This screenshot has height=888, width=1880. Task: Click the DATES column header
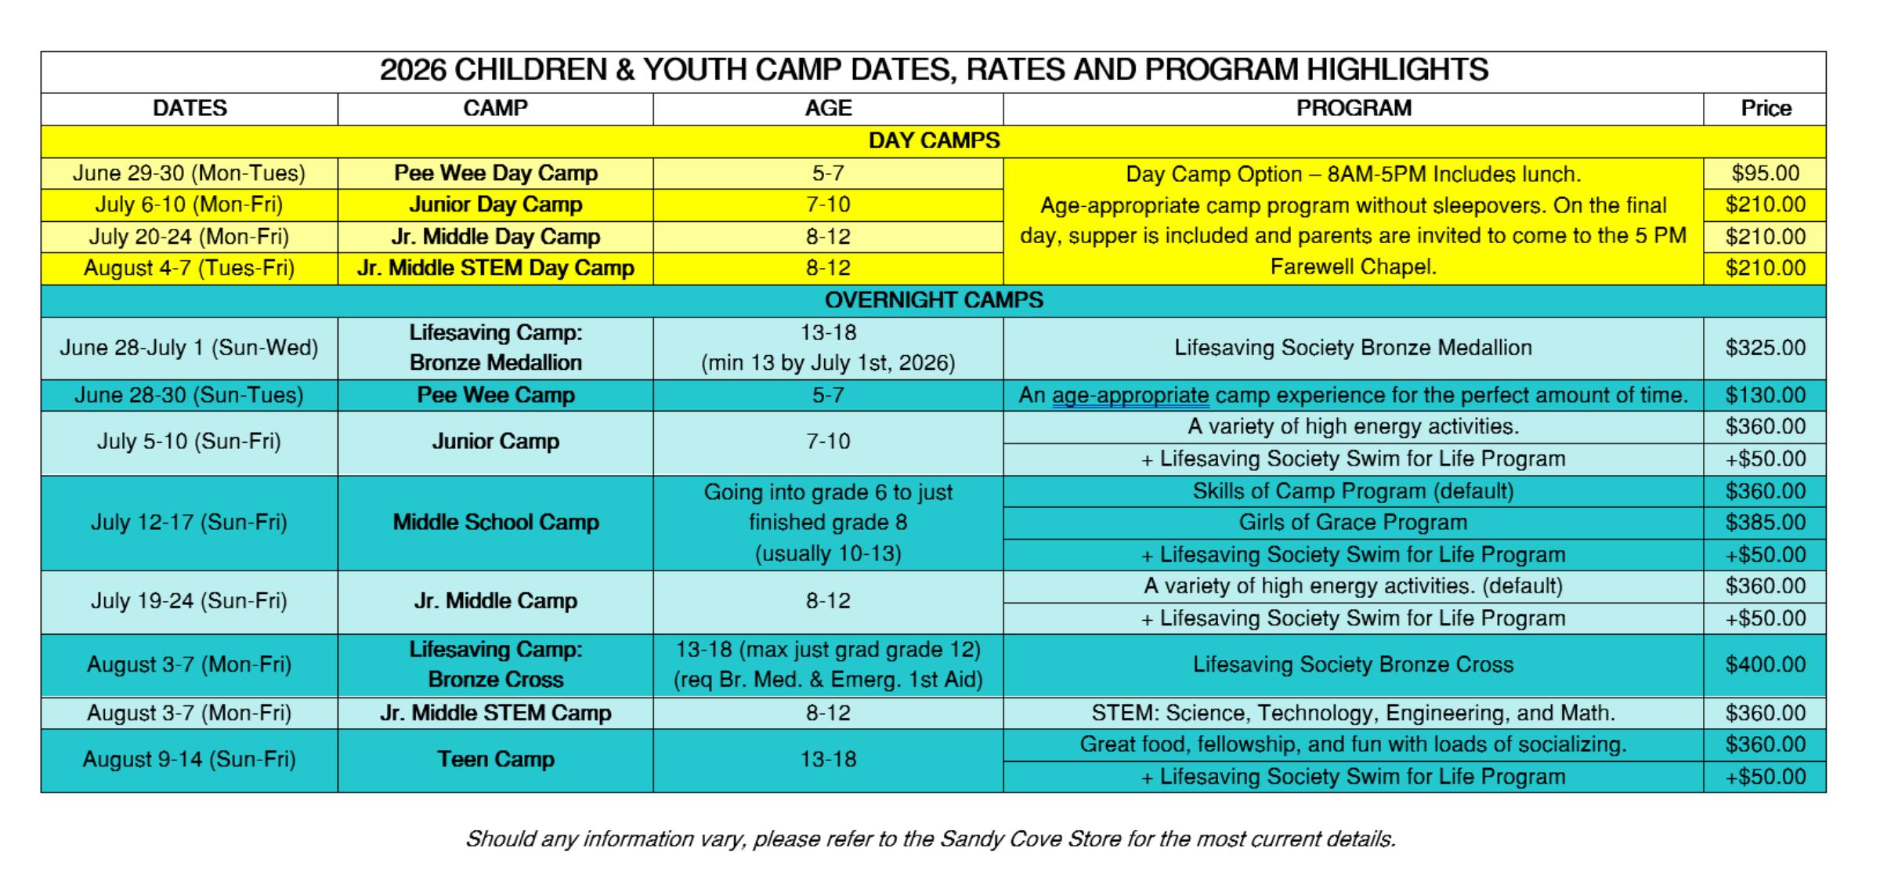tap(190, 108)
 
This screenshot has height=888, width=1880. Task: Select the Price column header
tap(1766, 108)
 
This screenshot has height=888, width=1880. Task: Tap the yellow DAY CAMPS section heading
tap(934, 141)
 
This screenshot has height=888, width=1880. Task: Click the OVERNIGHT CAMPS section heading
tap(934, 300)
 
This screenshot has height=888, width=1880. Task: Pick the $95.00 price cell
tap(1766, 173)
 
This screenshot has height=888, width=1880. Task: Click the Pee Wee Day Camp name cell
tap(496, 173)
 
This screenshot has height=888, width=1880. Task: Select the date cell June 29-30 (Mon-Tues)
tap(189, 173)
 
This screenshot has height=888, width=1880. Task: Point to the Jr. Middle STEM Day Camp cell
tap(496, 268)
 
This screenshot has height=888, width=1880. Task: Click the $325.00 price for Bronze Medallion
tap(1766, 348)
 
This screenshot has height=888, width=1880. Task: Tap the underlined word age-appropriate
tap(1130, 395)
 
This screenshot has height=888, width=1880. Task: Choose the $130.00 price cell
tap(1766, 395)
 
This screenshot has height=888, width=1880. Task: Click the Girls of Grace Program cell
tap(1353, 523)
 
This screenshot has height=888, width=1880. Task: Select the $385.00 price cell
tap(1766, 523)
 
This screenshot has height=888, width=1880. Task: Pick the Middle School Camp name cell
tap(496, 523)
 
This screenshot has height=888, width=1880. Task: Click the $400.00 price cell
tap(1766, 665)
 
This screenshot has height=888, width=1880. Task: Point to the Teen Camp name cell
tap(496, 759)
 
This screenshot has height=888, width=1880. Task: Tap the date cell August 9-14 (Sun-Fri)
tap(189, 759)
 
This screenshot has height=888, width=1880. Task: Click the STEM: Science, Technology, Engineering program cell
tap(1353, 713)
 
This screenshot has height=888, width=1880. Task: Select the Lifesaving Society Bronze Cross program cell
tap(1353, 665)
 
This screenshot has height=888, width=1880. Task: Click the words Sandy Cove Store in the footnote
tap(1030, 839)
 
